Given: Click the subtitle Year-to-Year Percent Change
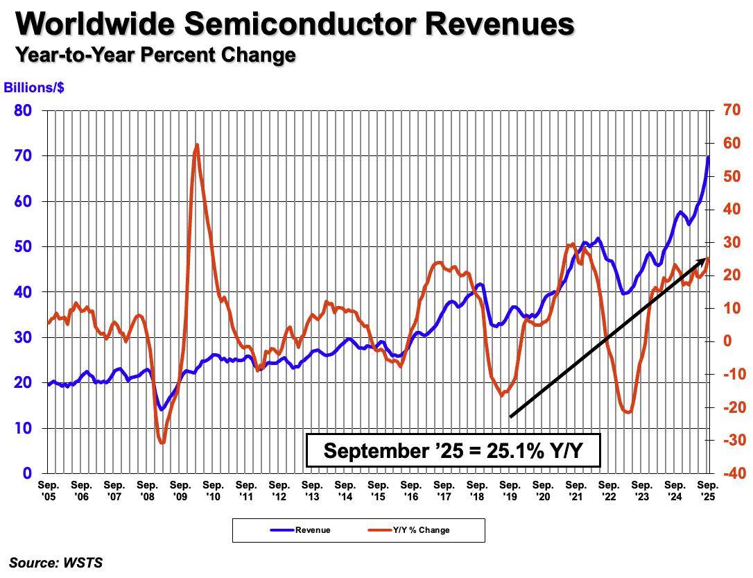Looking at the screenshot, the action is pos(155,55).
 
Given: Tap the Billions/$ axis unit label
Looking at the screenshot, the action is pos(34,87).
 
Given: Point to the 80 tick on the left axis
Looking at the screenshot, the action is pos(23,110).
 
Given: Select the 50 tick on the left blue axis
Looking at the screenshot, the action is pos(23,246).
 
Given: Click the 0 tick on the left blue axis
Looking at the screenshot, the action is pos(27,473).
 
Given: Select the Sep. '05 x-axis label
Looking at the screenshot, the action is pos(48,491).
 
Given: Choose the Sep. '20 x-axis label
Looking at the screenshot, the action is pos(543,491).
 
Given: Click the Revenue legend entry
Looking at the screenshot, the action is pos(301,530).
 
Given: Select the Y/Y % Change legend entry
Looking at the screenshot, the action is pos(408,530).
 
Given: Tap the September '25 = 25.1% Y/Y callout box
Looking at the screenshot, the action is pos(453,450).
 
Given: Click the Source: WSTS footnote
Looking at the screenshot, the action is pos(55,563).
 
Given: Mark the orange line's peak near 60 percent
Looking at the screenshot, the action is pos(196,144).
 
